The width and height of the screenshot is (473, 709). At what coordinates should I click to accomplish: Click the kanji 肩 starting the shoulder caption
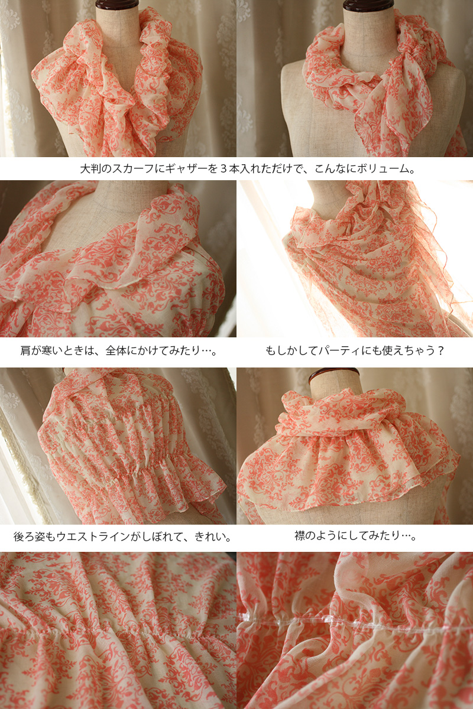pyautogui.click(x=25, y=351)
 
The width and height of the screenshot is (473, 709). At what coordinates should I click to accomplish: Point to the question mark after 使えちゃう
pyautogui.click(x=439, y=351)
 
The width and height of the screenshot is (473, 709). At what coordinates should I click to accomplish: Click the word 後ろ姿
pyautogui.click(x=30, y=536)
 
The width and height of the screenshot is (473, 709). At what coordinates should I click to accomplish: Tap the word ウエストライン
pyautogui.click(x=93, y=536)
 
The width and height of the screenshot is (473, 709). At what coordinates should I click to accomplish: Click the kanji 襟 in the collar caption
pyautogui.click(x=300, y=536)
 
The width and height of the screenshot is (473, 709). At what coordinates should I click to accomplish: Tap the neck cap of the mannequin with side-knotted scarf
pyautogui.click(x=369, y=5)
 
